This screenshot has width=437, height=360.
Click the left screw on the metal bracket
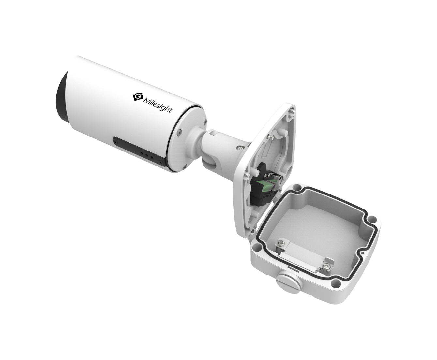[280, 243]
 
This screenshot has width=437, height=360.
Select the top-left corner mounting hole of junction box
[296, 188]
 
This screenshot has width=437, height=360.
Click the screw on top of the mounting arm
[240, 148]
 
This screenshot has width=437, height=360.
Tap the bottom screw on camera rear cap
[185, 168]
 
